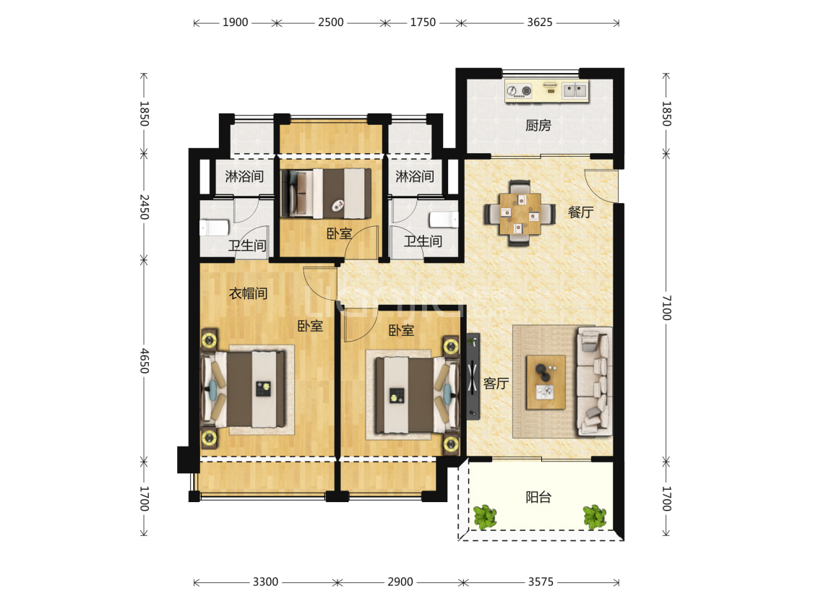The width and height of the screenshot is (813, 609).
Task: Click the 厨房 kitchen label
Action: (x=538, y=126)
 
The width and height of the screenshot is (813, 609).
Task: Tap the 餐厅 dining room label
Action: (x=580, y=212)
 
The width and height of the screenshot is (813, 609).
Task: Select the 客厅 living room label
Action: (x=496, y=383)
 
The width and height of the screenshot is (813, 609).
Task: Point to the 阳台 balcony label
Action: (x=538, y=497)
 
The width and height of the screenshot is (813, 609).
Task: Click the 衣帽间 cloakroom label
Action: (x=249, y=293)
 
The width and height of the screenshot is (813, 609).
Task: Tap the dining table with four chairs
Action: (x=520, y=213)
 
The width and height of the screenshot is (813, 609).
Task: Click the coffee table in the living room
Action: (x=546, y=382)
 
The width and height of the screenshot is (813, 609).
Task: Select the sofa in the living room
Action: (x=594, y=381)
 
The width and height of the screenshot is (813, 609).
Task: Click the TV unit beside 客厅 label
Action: (x=473, y=376)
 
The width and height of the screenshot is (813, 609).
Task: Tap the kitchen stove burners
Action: (x=519, y=91)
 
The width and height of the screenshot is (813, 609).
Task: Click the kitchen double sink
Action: (x=575, y=90)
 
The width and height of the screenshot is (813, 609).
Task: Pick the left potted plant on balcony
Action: (x=485, y=517)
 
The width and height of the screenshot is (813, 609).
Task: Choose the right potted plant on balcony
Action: (x=594, y=517)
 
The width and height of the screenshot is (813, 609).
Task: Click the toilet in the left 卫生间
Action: (x=214, y=227)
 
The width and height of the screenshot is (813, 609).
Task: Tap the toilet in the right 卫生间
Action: (x=444, y=220)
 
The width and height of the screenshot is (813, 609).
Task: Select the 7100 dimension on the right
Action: (x=666, y=308)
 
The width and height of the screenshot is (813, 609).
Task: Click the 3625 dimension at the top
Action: (x=540, y=22)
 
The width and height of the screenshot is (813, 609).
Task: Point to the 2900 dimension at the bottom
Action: (x=400, y=582)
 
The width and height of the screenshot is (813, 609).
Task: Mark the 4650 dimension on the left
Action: (x=144, y=360)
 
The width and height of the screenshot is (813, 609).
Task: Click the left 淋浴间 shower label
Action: (x=244, y=176)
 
